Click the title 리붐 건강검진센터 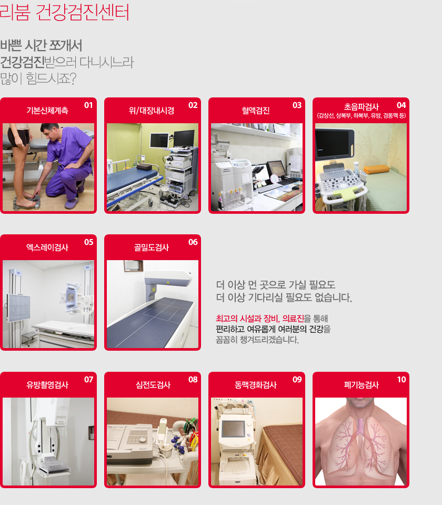64,12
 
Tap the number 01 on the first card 88,105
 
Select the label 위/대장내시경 152,111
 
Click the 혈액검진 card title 256,111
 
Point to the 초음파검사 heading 361,106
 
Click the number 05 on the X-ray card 89,242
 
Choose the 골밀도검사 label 152,247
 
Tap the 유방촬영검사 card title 47,385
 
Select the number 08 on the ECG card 193,380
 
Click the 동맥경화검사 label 256,385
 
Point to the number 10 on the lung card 401,380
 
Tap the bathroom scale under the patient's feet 27,202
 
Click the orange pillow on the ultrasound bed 376,169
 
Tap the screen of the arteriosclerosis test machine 233,429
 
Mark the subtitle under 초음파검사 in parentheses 361,116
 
